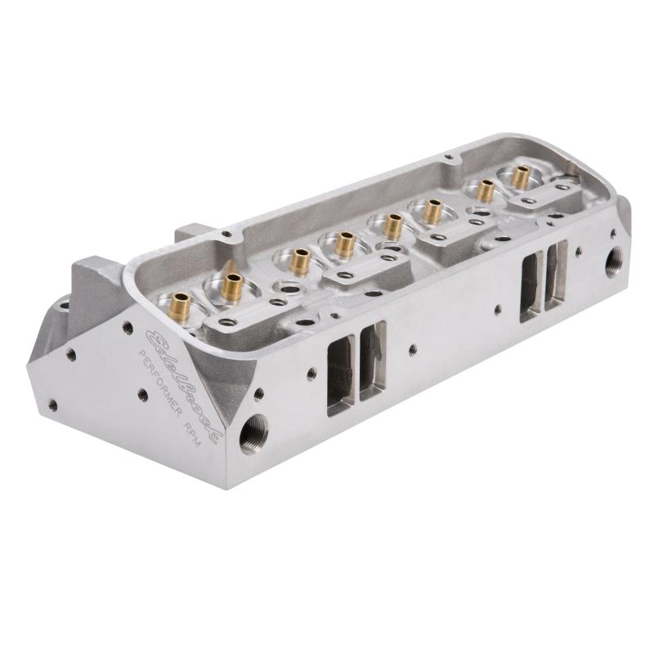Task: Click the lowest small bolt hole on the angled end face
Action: [x=53, y=402]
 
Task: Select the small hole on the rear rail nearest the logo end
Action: [x=226, y=234]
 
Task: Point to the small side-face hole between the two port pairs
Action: [x=413, y=350]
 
